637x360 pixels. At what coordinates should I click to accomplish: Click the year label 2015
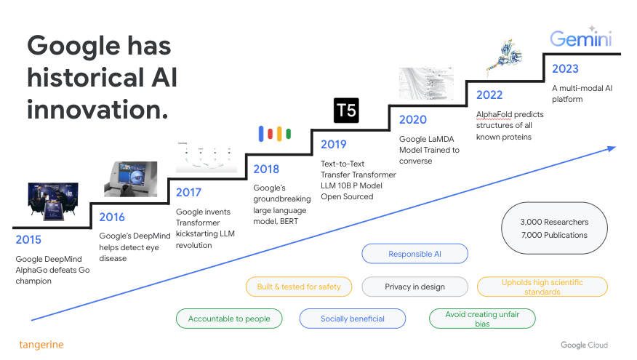[x=28, y=240]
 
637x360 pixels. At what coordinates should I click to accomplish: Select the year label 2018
[x=266, y=169]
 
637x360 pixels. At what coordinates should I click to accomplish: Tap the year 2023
[x=565, y=68]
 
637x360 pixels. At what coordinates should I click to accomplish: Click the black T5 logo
[x=346, y=110]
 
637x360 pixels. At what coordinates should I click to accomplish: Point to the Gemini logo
[x=581, y=37]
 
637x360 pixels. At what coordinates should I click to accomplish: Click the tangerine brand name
[x=41, y=345]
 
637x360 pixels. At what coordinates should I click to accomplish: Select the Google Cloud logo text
[x=584, y=345]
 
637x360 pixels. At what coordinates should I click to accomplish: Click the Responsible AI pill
[x=414, y=254]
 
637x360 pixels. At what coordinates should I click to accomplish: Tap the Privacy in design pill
[x=414, y=287]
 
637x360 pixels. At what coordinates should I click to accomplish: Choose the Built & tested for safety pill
[x=299, y=287]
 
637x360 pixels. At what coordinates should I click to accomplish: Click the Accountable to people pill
[x=229, y=319]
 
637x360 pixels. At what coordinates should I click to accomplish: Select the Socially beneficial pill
[x=353, y=319]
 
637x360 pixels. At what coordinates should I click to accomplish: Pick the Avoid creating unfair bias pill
[x=482, y=319]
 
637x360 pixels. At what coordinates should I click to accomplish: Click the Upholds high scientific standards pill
[x=542, y=287]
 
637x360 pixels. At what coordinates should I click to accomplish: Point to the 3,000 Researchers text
[x=555, y=222]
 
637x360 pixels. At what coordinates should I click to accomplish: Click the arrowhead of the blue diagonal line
[x=612, y=148]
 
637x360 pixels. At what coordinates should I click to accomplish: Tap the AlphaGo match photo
[x=53, y=202]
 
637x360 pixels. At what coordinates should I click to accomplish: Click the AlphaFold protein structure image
[x=505, y=57]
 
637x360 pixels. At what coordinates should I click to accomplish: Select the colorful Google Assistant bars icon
[x=275, y=134]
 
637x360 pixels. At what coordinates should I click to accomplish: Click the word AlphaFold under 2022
[x=494, y=115]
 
